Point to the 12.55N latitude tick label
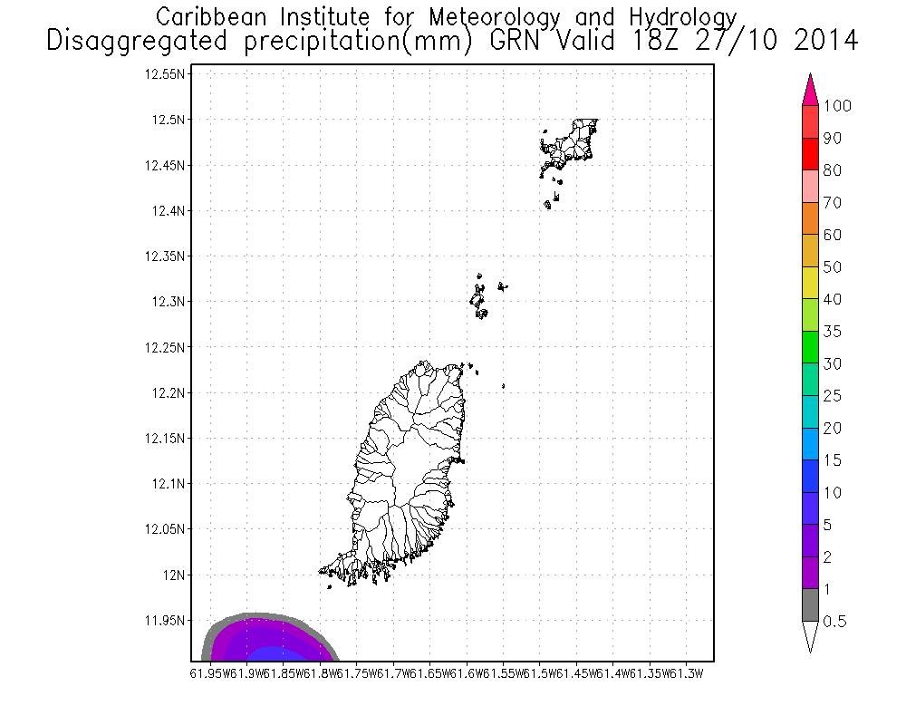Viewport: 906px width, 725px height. click(166, 74)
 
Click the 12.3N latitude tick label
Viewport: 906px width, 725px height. click(169, 302)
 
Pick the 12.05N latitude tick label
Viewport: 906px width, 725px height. click(166, 529)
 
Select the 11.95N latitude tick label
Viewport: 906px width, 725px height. click(166, 621)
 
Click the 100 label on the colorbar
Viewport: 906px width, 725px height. click(837, 106)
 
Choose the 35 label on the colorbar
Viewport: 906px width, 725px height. click(833, 332)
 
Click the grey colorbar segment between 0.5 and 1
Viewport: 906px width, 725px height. click(811, 604)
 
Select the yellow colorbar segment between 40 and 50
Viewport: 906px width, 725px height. click(811, 283)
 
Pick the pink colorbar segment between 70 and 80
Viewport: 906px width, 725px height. click(811, 186)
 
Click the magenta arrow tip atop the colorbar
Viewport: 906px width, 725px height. click(811, 91)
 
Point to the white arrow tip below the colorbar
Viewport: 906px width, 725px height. click(811, 636)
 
